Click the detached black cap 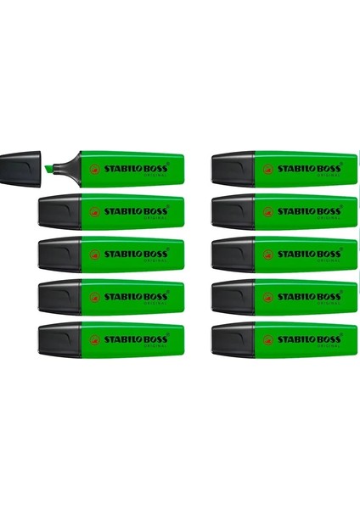[20, 169]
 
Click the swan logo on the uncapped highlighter [94, 169]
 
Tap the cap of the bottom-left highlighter [59, 340]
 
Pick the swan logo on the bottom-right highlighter [267, 340]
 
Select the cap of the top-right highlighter [233, 169]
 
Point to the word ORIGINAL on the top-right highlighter [329, 176]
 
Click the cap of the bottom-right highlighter [233, 340]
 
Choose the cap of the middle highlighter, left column [59, 255]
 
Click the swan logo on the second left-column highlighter [94, 212]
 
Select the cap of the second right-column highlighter [233, 211]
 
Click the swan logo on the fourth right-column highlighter [267, 298]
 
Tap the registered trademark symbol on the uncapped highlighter [167, 164]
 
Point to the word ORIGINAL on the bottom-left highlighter [155, 347]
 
